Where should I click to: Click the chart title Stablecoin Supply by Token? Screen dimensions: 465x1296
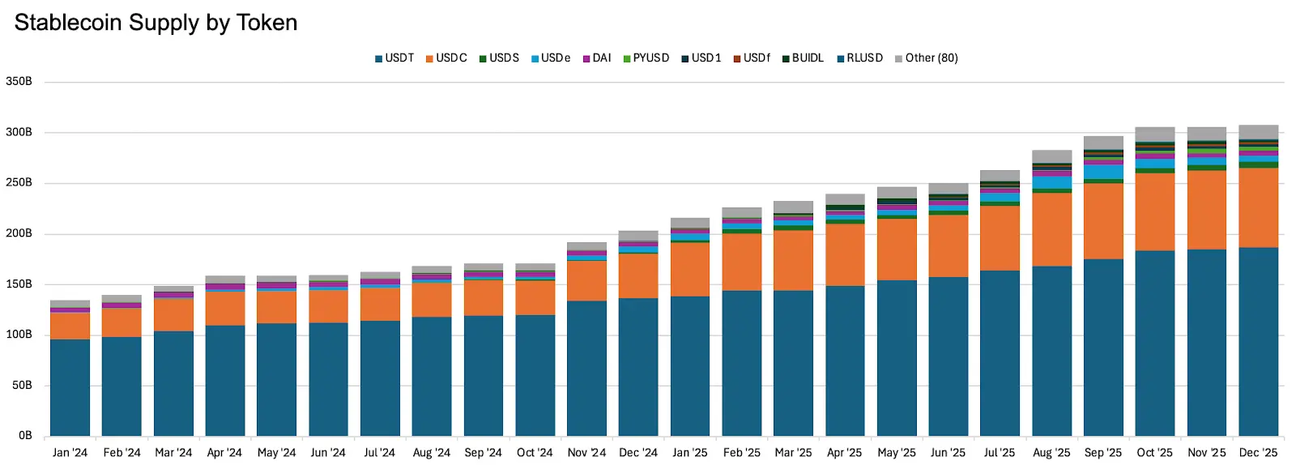(x=156, y=23)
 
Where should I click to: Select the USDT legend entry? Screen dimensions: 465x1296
(x=394, y=58)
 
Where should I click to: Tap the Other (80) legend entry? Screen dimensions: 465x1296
(x=927, y=58)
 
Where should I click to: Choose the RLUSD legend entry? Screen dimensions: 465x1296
(x=860, y=58)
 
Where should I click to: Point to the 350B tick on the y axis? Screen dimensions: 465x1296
(x=19, y=82)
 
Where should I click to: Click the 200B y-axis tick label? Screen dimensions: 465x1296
(x=19, y=233)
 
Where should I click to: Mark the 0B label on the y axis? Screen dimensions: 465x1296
(x=25, y=436)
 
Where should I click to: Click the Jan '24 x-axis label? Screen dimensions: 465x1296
(x=70, y=453)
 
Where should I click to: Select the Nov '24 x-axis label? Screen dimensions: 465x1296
(x=586, y=453)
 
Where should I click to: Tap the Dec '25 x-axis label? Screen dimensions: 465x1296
(x=1258, y=453)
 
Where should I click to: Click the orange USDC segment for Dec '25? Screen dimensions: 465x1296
(x=1258, y=207)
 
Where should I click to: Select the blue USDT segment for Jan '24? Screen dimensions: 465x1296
(x=70, y=387)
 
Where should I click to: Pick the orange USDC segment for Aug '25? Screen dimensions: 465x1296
(x=1051, y=229)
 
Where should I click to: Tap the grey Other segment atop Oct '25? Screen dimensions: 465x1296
(x=1154, y=134)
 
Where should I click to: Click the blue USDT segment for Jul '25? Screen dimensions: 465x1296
(x=1000, y=353)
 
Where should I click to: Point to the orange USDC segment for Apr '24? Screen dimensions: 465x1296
(x=225, y=309)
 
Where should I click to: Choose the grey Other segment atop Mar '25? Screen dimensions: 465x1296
(x=793, y=207)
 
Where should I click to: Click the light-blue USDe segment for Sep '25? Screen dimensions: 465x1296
(x=1103, y=172)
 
